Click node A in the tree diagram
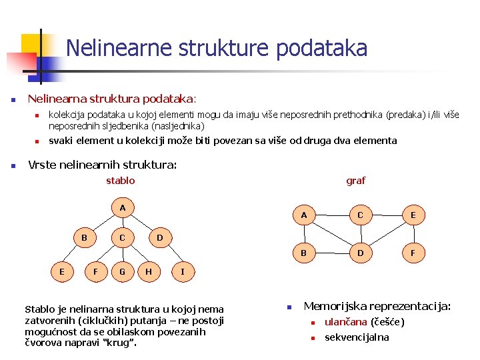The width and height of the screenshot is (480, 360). pyautogui.click(x=122, y=208)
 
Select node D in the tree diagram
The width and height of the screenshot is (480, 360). pyautogui.click(x=159, y=237)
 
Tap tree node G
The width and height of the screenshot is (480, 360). pyautogui.click(x=122, y=271)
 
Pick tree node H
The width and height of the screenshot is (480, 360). pyautogui.click(x=148, y=271)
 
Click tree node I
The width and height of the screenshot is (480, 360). pyautogui.click(x=183, y=271)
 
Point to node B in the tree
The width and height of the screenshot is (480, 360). pyautogui.click(x=84, y=237)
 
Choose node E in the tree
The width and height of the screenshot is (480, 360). pyautogui.click(x=62, y=271)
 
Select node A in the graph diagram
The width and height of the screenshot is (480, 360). pyautogui.click(x=304, y=215)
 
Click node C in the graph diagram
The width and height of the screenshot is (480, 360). pyautogui.click(x=360, y=215)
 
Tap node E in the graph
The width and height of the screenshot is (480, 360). pyautogui.click(x=413, y=215)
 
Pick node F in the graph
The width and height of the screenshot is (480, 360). pyautogui.click(x=413, y=253)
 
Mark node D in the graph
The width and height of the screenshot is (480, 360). pyautogui.click(x=360, y=253)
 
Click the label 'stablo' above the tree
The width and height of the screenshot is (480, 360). pyautogui.click(x=121, y=181)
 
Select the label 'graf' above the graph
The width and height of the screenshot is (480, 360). pyautogui.click(x=355, y=181)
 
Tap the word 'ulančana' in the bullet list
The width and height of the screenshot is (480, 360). pyautogui.click(x=345, y=323)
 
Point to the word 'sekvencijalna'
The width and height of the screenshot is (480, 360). pyautogui.click(x=357, y=337)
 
